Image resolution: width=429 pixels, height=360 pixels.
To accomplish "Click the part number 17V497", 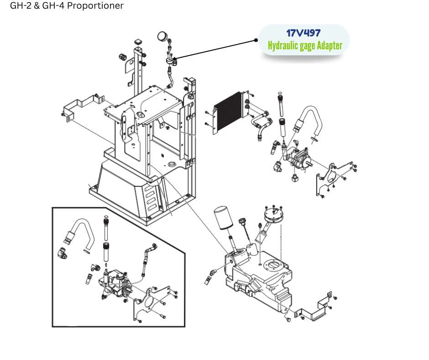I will click(303, 33).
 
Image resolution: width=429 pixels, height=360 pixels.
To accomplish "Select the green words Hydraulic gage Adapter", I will click(304, 46).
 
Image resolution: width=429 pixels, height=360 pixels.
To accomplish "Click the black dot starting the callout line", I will click(256, 40).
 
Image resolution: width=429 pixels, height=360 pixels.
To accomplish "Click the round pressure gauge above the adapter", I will click(162, 36).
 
